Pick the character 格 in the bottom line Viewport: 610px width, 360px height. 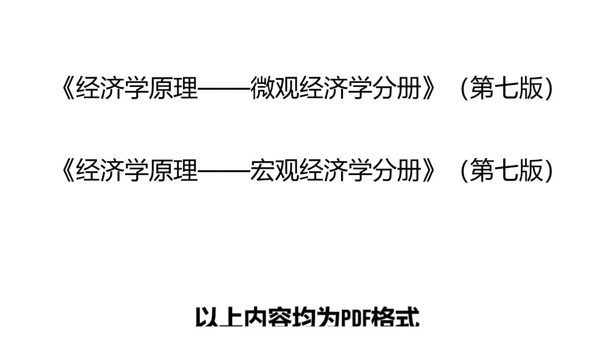384,317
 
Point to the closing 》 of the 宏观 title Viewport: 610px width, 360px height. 429,170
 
